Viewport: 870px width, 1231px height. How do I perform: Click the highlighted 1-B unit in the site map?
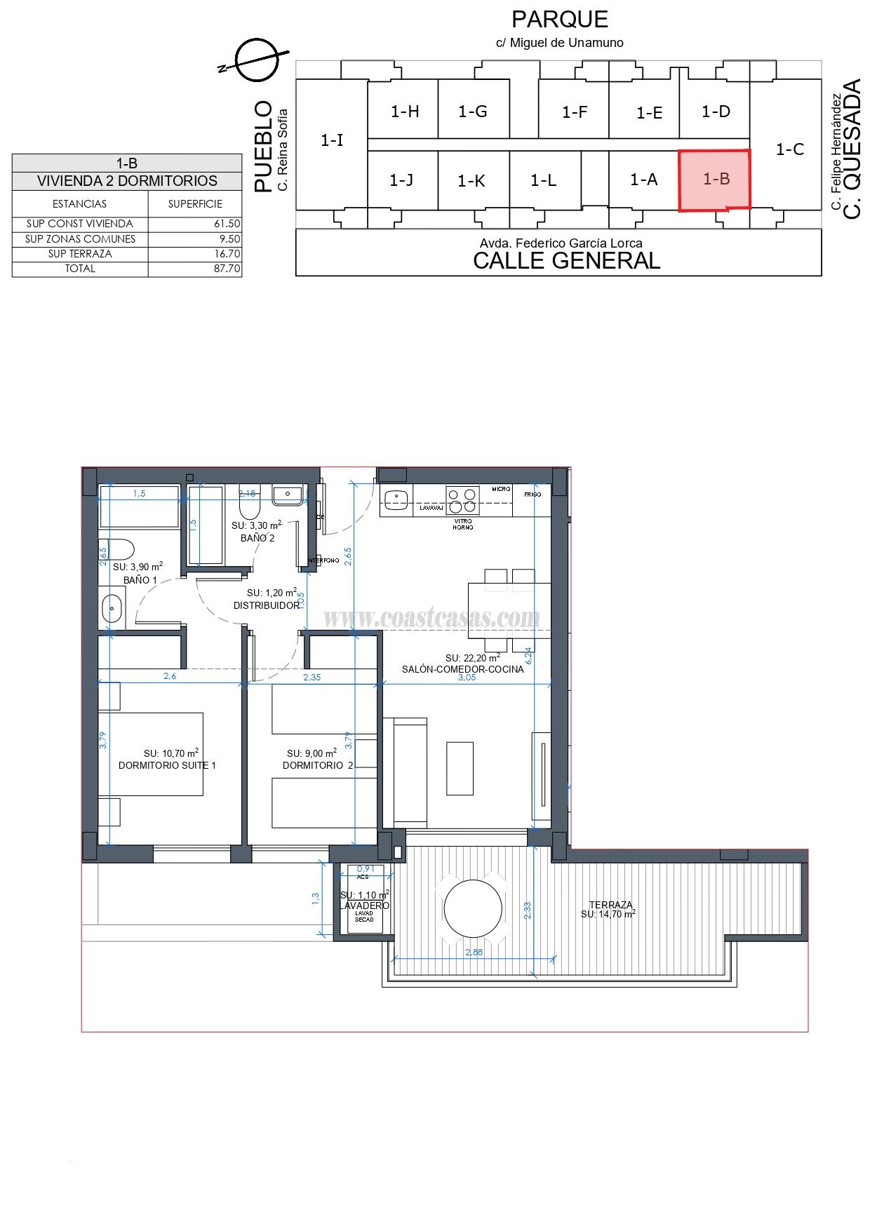[x=715, y=180]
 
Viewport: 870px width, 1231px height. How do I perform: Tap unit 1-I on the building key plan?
[x=332, y=140]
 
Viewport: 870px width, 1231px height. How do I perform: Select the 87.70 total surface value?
[x=227, y=269]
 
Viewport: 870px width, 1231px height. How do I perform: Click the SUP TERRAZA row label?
[x=80, y=254]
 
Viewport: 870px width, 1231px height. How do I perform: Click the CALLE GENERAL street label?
[x=566, y=261]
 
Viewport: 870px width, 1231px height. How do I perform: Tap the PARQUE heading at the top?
[x=559, y=19]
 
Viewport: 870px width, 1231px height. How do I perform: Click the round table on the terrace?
[x=473, y=908]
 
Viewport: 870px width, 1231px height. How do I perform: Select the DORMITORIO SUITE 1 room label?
[x=167, y=765]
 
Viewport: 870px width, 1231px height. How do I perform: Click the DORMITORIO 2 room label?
[x=318, y=765]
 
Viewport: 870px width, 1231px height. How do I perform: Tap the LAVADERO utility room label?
[x=364, y=906]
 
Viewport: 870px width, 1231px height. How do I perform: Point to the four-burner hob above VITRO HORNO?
[x=463, y=500]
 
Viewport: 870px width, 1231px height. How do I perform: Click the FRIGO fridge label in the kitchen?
[x=533, y=495]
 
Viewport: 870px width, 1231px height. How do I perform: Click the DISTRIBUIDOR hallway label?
[x=266, y=605]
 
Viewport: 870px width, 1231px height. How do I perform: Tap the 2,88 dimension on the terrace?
[x=474, y=952]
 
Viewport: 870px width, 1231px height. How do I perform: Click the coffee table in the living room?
[x=460, y=768]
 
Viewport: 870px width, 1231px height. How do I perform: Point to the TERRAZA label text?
[x=610, y=905]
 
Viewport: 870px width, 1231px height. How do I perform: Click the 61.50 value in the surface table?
[x=227, y=224]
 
